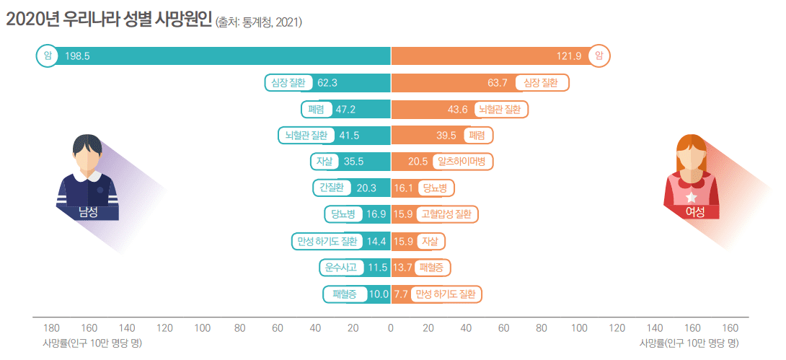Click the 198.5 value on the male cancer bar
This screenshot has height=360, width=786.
click(x=77, y=56)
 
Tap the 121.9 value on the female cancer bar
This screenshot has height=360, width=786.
click(x=570, y=56)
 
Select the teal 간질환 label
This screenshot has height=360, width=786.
click(x=331, y=188)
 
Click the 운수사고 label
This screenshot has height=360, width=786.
click(x=341, y=268)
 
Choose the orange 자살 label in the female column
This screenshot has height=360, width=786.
click(x=430, y=241)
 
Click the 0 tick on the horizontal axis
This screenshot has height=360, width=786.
click(x=390, y=328)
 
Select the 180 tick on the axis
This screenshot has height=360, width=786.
click(x=52, y=328)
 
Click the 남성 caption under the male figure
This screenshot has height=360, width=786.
click(x=89, y=211)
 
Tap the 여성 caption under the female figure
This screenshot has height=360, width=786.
click(x=695, y=211)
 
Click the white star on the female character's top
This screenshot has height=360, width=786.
click(x=691, y=196)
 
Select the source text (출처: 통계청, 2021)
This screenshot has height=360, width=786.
click(x=258, y=22)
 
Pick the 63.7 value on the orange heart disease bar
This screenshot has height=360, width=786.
click(x=498, y=82)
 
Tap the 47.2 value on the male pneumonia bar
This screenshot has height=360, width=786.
click(x=346, y=109)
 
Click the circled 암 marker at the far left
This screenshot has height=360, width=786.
click(x=47, y=56)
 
